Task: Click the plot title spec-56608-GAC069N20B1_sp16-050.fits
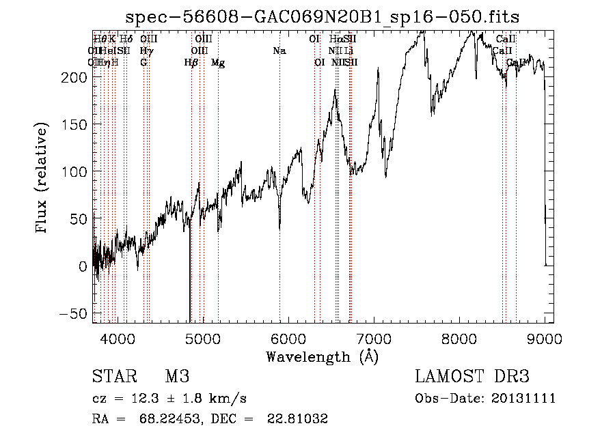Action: coord(323,17)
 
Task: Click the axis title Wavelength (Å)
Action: coord(322,356)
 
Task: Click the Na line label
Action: coord(279,51)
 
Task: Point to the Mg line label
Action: coord(218,63)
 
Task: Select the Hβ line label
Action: coord(191,63)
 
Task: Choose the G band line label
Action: coord(143,63)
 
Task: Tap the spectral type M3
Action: coord(177,377)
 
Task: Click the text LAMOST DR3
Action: coord(472,377)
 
